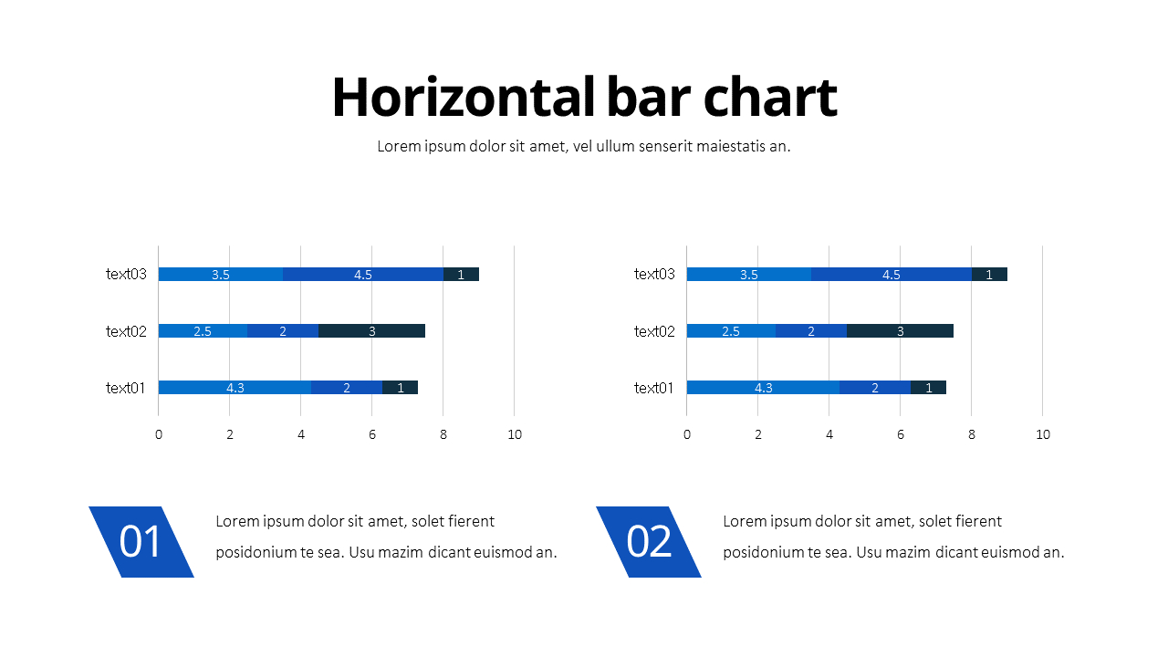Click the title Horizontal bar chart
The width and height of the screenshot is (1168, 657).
tap(584, 97)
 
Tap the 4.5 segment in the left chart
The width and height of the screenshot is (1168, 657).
tap(363, 274)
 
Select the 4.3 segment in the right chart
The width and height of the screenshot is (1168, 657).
tap(763, 387)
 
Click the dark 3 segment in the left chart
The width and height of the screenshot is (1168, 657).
tap(371, 330)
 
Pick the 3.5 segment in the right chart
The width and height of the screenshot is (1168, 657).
tap(748, 274)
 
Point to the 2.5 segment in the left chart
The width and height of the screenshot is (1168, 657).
tap(203, 330)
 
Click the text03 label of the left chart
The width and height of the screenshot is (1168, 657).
tap(126, 274)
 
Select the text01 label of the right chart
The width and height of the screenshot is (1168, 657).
tap(654, 388)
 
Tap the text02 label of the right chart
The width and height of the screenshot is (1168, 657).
tap(654, 330)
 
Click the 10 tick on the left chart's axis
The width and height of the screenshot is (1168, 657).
tap(515, 434)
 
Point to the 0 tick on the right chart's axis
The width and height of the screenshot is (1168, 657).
tap(687, 434)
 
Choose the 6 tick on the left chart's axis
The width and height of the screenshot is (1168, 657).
tap(371, 434)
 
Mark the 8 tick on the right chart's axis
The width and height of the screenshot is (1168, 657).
tap(972, 434)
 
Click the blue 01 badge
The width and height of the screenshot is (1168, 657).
tap(141, 542)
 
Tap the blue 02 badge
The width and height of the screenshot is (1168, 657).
tap(649, 542)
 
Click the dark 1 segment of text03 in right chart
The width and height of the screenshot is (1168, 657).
tap(989, 274)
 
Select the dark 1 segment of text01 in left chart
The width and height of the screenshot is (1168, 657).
tap(400, 387)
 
